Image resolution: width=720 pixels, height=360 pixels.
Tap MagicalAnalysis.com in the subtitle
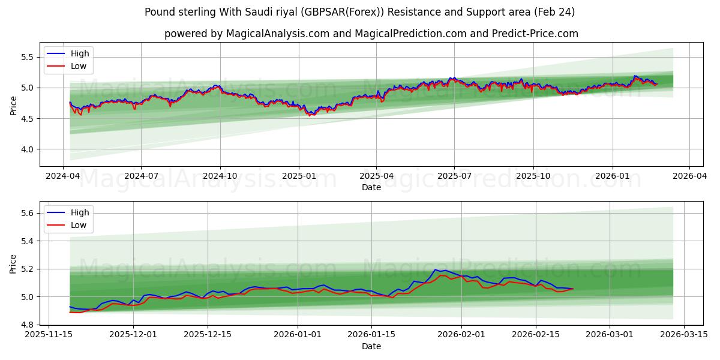click(277, 34)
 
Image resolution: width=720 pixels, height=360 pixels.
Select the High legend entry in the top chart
click(79, 53)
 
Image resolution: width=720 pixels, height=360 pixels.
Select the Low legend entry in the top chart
click(79, 66)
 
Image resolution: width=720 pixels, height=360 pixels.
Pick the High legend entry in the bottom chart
click(79, 212)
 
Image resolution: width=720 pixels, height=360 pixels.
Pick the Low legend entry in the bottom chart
click(79, 225)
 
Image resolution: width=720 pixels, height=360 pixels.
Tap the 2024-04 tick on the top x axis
click(63, 176)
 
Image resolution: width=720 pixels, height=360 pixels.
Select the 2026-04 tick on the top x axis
click(689, 176)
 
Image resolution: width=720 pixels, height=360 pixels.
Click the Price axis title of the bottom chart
click(13, 263)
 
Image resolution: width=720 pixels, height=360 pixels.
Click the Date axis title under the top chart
click(371, 187)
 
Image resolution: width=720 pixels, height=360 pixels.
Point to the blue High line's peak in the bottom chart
click(436, 269)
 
